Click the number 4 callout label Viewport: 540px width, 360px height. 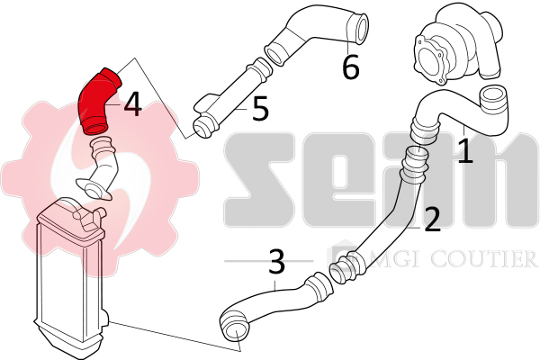point(132,105)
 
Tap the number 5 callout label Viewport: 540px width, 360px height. point(260,109)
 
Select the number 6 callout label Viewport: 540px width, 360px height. point(351,67)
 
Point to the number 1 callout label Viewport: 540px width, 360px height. point(465,150)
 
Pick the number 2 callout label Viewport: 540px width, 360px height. point(432,219)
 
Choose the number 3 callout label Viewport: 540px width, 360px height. point(276,262)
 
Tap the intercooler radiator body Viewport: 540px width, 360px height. point(70,275)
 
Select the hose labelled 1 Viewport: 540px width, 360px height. point(458,113)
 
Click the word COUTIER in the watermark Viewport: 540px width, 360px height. point(484,258)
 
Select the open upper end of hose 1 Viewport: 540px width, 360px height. point(493,101)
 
